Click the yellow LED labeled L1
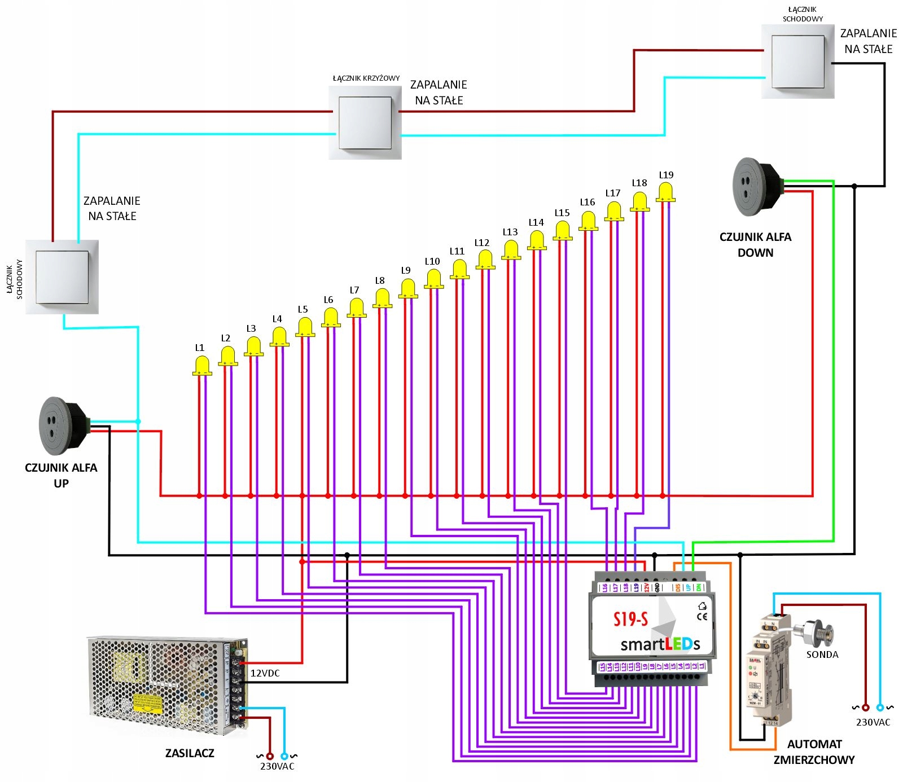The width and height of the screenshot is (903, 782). (x=202, y=366)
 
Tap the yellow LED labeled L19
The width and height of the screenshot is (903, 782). (x=666, y=192)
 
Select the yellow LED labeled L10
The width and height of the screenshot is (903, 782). (x=433, y=279)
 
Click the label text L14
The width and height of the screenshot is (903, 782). (x=536, y=222)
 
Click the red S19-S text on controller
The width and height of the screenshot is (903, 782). (x=630, y=620)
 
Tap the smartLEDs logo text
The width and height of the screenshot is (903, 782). (x=660, y=644)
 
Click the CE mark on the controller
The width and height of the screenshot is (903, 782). (x=702, y=616)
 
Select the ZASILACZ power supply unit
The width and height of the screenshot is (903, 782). (x=166, y=686)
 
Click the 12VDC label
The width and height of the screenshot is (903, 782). (x=265, y=673)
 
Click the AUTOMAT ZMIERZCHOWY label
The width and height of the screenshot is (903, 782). (x=814, y=752)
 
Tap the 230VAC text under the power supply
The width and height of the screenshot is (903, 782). (x=277, y=766)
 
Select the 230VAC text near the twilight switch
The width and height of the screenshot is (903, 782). (x=873, y=722)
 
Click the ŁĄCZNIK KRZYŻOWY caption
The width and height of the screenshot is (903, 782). (x=366, y=78)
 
